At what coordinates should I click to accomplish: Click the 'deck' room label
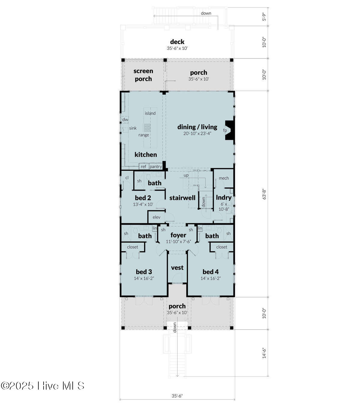point(177,42)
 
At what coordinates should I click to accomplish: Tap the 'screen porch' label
point(143,75)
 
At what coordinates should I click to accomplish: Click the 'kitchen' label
point(145,155)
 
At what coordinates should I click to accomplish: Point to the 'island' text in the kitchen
point(150,113)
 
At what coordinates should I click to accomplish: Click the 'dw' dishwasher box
point(125,120)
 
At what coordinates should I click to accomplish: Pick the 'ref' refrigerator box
point(143,167)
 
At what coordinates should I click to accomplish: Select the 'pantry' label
point(156,167)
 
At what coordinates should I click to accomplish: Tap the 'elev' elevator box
point(156,217)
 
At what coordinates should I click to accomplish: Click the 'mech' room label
point(224,178)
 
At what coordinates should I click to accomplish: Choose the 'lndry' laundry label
point(223,198)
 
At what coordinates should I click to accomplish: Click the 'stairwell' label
point(182,198)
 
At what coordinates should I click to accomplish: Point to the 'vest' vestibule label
point(177,268)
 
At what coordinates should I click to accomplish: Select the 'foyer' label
point(178,235)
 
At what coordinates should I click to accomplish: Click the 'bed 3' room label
point(144,272)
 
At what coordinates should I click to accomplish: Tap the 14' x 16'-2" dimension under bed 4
point(211,278)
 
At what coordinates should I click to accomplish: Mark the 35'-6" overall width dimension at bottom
point(177,396)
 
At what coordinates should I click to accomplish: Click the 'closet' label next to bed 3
point(132,247)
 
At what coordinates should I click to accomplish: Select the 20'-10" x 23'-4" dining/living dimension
point(197,134)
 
